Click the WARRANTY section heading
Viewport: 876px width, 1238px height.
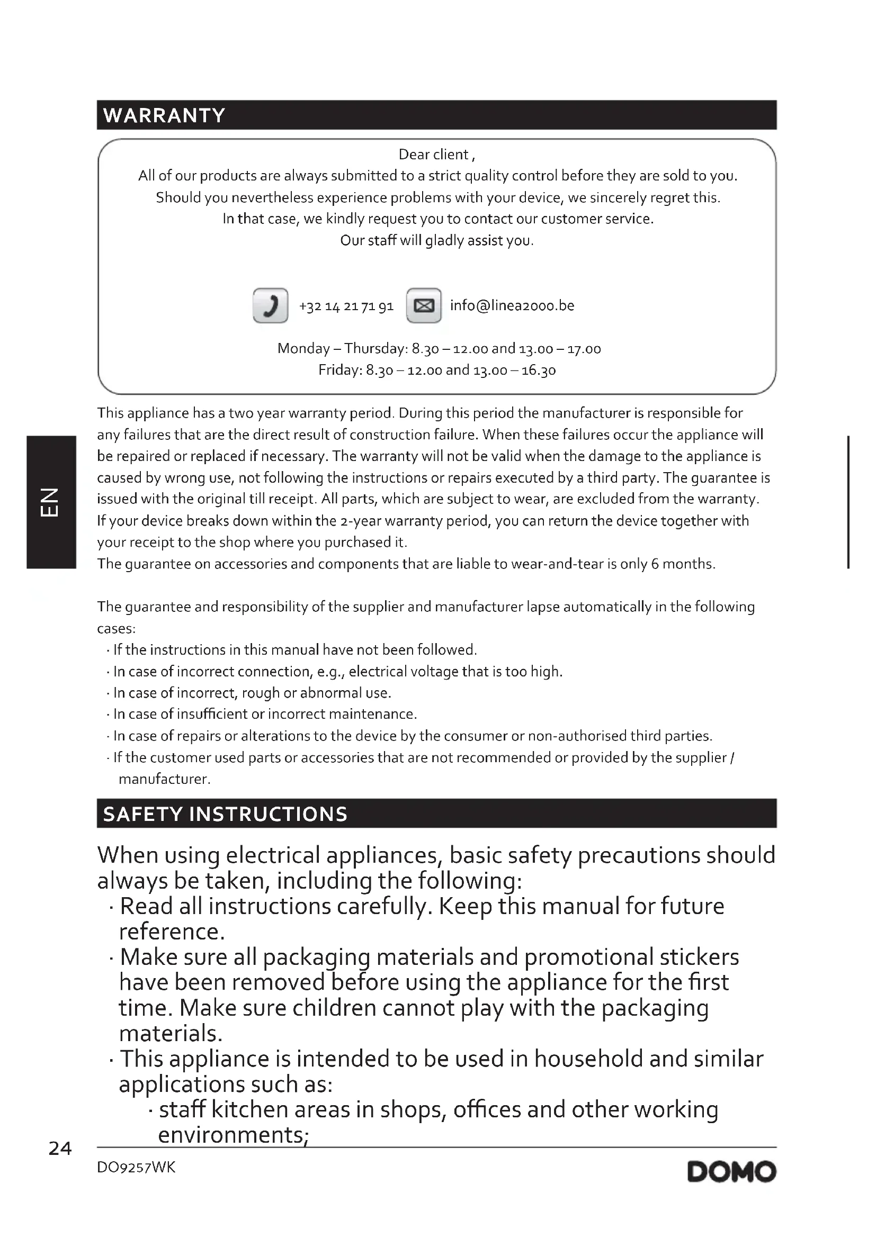click(164, 115)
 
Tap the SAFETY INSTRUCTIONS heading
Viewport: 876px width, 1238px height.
click(225, 814)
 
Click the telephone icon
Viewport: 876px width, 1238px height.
click(270, 306)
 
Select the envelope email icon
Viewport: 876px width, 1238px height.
click(424, 306)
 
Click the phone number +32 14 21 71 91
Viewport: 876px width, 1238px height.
click(346, 306)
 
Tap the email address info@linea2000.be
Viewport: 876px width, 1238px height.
click(512, 306)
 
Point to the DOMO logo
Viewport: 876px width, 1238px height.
click(731, 1172)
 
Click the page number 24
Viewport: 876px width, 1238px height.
click(60, 1148)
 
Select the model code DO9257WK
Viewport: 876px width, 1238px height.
click(136, 1168)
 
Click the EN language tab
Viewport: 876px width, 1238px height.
click(50, 502)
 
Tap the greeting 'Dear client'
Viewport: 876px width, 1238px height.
click(434, 155)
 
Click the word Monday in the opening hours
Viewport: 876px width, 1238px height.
click(303, 349)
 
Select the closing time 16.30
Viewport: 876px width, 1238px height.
click(538, 371)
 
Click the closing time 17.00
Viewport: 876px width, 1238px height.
click(584, 349)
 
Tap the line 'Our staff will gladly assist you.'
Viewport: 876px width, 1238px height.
click(437, 240)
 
